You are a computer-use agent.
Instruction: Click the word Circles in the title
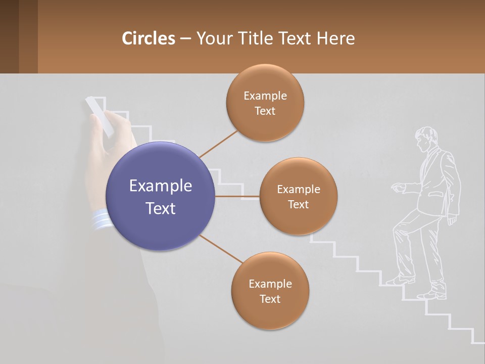149,38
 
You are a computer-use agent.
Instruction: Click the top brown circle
265,103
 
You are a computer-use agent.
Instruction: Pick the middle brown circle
298,196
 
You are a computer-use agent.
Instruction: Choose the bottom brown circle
270,291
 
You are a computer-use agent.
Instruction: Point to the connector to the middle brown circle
237,196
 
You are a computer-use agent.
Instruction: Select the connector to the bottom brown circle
221,249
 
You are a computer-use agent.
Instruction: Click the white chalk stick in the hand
99,116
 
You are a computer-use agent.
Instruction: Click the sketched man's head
425,138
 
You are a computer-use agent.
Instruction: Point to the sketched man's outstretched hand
398,188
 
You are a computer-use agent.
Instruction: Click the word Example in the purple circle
160,186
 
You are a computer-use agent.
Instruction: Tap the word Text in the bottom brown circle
270,299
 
